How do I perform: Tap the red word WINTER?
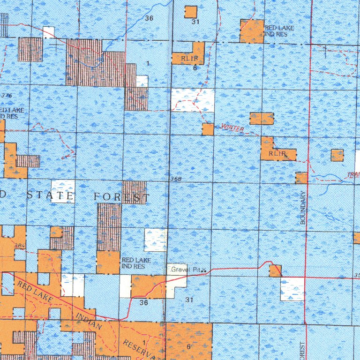pos(232,128)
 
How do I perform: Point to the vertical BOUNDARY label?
pos(303,207)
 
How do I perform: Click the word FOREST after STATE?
pos(121,197)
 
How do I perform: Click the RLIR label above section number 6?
pos(184,58)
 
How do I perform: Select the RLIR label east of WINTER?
pos(277,153)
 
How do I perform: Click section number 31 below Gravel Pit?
pos(189,299)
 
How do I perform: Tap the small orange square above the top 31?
pos(191,12)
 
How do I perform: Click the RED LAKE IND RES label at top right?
pos(279,31)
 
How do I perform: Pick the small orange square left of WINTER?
pos(208,129)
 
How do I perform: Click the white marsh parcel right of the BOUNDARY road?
pos(292,289)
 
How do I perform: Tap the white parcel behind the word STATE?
pos(63,191)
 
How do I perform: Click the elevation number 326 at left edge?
pos(6,95)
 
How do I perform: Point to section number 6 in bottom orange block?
pos(188,346)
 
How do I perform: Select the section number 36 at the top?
pos(149,18)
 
